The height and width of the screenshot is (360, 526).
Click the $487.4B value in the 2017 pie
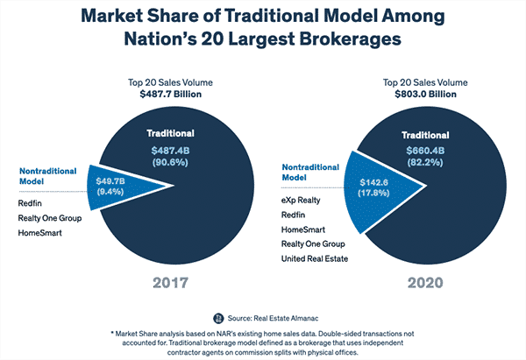coord(170,151)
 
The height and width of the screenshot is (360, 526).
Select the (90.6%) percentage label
coord(170,163)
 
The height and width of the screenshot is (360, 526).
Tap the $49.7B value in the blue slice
coord(110,181)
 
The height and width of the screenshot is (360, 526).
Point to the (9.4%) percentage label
coord(110,192)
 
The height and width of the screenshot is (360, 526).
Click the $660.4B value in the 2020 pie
coord(425,151)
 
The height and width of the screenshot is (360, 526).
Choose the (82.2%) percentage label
coord(425,163)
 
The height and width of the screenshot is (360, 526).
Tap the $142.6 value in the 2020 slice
coord(373,182)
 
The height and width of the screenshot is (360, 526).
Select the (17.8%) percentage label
coord(373,193)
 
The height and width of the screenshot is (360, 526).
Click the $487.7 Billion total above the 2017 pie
coord(170,95)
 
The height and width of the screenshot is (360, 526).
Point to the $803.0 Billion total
coord(425,95)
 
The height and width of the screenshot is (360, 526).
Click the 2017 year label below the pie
coord(170,283)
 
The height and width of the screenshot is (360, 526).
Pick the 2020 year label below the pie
coord(425,283)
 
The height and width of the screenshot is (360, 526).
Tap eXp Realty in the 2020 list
coord(301,201)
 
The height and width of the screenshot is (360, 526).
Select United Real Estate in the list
coord(315,258)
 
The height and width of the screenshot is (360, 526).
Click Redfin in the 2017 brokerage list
coord(30,203)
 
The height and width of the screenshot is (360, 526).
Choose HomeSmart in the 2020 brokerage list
coord(303,229)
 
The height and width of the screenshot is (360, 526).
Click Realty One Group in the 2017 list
coord(50,218)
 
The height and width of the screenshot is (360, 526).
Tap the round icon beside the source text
coord(218,318)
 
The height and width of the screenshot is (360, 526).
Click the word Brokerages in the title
coord(350,39)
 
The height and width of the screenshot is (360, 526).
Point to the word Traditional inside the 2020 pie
coord(425,135)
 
